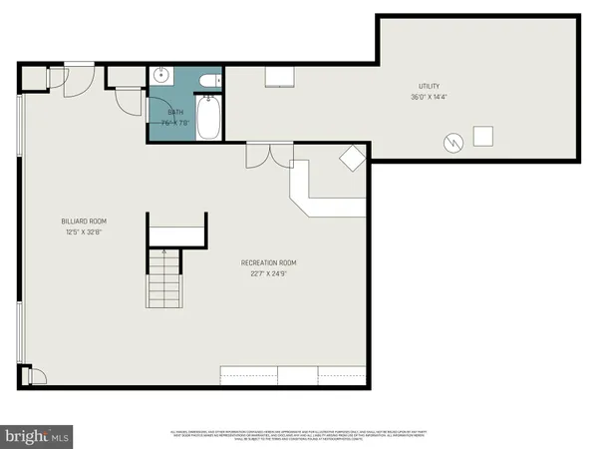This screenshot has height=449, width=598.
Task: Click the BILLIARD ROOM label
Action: coord(84,222)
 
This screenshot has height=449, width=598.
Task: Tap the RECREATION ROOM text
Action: coord(268,262)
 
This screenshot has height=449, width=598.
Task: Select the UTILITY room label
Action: coord(430,87)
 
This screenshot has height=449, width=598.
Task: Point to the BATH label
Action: coord(175,113)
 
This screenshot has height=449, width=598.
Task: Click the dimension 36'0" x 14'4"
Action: coord(430,97)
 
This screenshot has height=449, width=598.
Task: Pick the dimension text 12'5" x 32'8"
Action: coord(84,231)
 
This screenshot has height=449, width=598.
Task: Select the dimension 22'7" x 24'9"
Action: coord(268,272)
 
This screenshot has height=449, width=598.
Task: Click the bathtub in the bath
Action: coord(210,117)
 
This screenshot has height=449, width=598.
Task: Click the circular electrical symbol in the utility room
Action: coord(452,143)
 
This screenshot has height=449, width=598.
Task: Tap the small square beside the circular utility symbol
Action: coord(484,137)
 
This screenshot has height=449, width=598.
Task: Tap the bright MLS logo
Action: coord(37,435)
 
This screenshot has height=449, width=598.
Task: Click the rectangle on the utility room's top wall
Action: coord(276,78)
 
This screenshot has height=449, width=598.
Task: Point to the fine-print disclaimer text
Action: coord(299,435)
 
